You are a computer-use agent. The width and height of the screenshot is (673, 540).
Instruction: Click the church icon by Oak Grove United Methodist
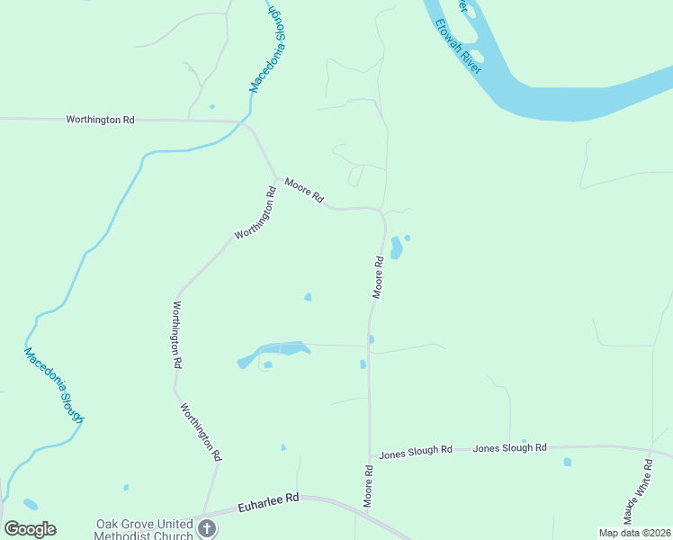pyautogui.click(x=207, y=529)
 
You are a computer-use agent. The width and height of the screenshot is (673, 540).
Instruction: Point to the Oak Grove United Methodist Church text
pyautogui.click(x=145, y=529)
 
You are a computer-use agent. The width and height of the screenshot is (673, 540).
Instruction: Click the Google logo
pyautogui.click(x=30, y=529)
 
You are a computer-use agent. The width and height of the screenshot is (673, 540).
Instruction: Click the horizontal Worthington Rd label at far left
pyautogui.click(x=100, y=119)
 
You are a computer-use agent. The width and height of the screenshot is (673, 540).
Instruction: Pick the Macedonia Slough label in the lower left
pyautogui.click(x=54, y=385)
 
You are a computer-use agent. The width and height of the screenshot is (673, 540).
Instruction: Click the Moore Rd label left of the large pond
pyautogui.click(x=379, y=277)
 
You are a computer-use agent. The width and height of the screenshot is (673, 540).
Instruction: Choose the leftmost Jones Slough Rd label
pyautogui.click(x=417, y=450)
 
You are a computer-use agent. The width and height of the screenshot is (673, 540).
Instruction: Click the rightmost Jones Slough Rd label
pyautogui.click(x=510, y=447)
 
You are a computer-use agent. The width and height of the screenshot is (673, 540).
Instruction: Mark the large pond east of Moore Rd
pyautogui.click(x=396, y=247)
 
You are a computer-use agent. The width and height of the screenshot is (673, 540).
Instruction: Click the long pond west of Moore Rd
pyautogui.click(x=274, y=351)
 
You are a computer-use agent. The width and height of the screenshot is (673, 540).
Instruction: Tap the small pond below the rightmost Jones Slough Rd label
pyautogui.click(x=567, y=463)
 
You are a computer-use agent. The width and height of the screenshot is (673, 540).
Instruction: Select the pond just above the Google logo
pyautogui.click(x=31, y=504)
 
